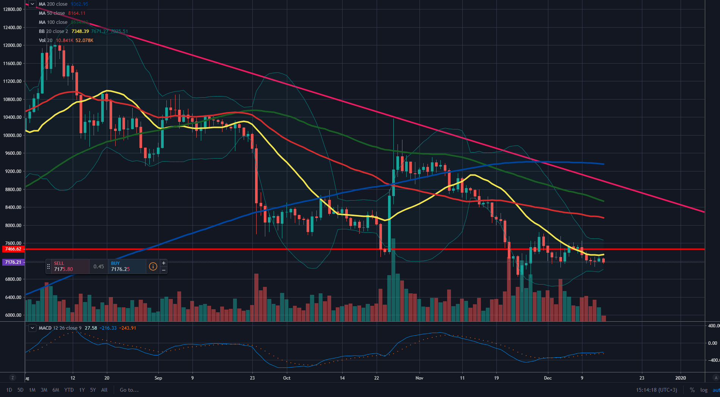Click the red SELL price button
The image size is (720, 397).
pos(67,266)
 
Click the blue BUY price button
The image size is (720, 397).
pos(126,266)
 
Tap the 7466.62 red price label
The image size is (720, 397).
pos(13,249)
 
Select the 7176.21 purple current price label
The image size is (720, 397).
pos(13,262)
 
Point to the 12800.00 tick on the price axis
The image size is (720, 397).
pos(12,9)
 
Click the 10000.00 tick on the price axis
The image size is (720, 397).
pos(12,135)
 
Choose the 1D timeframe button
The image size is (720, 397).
pos(9,390)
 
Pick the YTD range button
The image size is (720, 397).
pos(69,390)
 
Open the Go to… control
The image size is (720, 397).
pos(129,390)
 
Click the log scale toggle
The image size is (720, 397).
pos(704,390)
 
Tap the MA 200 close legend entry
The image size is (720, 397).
pos(53,4)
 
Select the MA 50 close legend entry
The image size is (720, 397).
pos(52,13)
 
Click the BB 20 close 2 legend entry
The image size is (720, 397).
pos(53,31)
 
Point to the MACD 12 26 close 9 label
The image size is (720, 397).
pos(60,328)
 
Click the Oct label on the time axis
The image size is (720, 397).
pos(287,378)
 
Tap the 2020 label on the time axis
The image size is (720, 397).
pos(681,378)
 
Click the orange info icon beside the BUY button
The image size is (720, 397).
pos(153,266)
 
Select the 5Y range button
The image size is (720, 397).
pos(93,390)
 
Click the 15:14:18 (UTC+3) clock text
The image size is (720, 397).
pos(656,390)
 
